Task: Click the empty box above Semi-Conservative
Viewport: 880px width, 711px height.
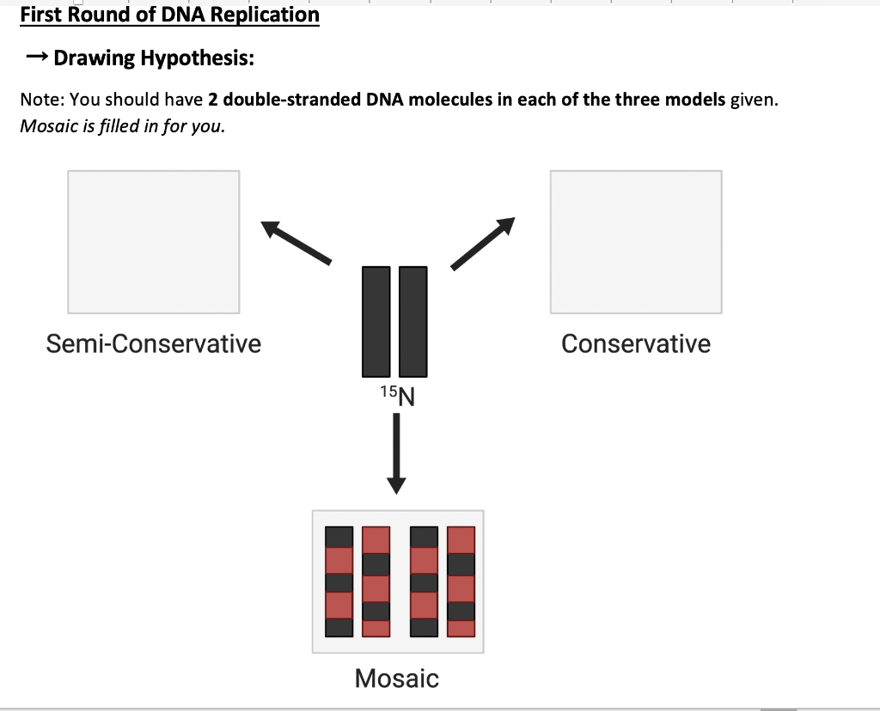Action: (153, 241)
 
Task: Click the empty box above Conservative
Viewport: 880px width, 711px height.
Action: (635, 241)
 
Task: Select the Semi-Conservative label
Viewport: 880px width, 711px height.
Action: (153, 343)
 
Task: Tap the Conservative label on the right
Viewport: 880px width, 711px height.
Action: (635, 343)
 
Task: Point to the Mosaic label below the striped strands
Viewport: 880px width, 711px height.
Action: (396, 678)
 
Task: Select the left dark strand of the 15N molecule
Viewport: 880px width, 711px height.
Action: (376, 322)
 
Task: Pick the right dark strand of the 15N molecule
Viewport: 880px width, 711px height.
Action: (413, 322)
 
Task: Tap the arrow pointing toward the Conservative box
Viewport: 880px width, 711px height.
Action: (483, 243)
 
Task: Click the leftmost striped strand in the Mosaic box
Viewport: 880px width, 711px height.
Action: (339, 581)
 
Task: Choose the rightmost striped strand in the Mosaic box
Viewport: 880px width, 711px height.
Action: (461, 581)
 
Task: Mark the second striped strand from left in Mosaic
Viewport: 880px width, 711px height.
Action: (376, 581)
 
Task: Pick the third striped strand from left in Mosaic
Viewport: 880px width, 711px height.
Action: (425, 581)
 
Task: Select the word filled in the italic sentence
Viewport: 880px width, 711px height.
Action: (119, 125)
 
